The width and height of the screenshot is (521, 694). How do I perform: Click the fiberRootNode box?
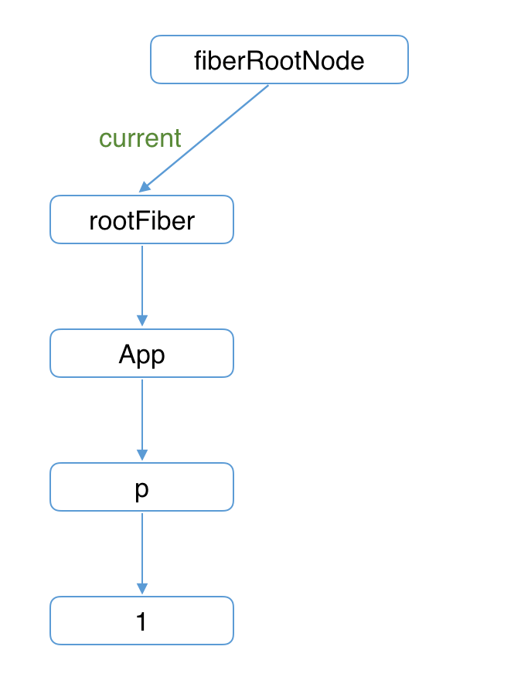click(x=279, y=60)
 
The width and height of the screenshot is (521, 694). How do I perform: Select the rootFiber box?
click(x=141, y=220)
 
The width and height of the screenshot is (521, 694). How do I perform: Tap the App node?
click(x=141, y=354)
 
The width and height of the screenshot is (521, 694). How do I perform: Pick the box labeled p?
click(x=141, y=488)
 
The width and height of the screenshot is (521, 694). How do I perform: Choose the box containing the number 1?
click(x=141, y=621)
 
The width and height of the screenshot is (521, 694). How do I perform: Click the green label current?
click(x=140, y=138)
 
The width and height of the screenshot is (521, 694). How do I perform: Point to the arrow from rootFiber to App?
click(x=141, y=282)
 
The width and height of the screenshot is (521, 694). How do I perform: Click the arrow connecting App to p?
click(x=141, y=416)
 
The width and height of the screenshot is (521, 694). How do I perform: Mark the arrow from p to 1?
click(x=141, y=549)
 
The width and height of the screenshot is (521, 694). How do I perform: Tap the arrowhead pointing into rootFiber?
click(x=145, y=188)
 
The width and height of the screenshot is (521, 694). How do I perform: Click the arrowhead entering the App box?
click(x=141, y=321)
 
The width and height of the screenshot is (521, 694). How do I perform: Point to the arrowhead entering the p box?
click(x=141, y=454)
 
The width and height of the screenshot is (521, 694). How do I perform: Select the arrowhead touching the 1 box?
click(x=141, y=588)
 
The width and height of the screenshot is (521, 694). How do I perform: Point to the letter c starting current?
click(x=104, y=140)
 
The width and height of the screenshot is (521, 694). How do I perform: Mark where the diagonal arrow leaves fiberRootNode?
click(x=267, y=86)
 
